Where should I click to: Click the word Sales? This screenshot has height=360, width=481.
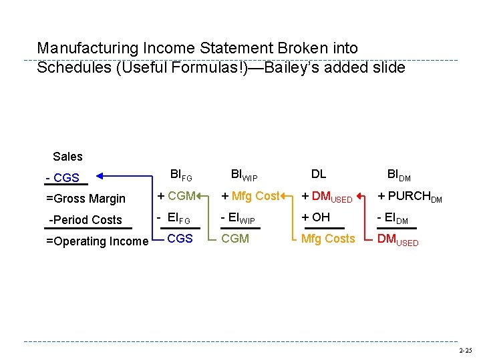pyautogui.click(x=67, y=157)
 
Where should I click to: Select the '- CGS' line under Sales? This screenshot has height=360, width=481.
pyautogui.click(x=63, y=178)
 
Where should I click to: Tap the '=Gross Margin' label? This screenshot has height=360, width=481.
pyautogui.click(x=86, y=199)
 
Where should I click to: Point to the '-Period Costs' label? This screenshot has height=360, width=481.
pyautogui.click(x=86, y=220)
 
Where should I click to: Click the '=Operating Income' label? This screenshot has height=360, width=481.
pyautogui.click(x=97, y=241)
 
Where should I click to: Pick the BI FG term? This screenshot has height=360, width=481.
pyautogui.click(x=181, y=175)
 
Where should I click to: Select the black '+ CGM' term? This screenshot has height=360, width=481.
pyautogui.click(x=176, y=196)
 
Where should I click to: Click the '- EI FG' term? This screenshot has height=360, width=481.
pyautogui.click(x=174, y=217)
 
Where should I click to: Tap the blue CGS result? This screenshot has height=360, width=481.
pyautogui.click(x=180, y=239)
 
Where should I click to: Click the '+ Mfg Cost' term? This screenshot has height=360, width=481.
pyautogui.click(x=251, y=196)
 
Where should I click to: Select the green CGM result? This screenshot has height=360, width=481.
pyautogui.click(x=235, y=239)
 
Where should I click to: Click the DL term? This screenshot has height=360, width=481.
pyautogui.click(x=319, y=174)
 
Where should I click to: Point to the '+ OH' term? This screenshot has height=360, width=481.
pyautogui.click(x=316, y=217)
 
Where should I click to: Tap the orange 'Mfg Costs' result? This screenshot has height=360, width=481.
pyautogui.click(x=328, y=239)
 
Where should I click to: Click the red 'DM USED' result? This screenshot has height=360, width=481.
pyautogui.click(x=398, y=239)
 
